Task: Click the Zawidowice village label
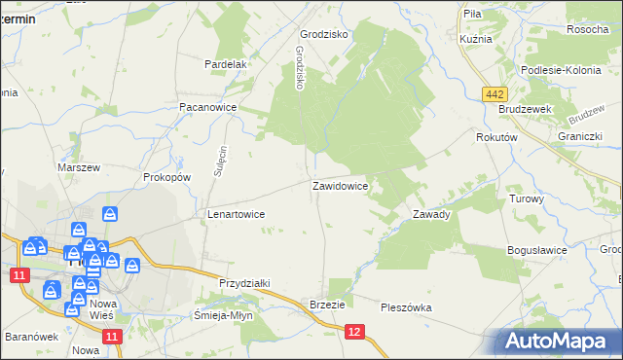(x=340, y=184)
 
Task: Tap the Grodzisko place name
(x=324, y=33)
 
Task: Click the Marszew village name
(x=79, y=167)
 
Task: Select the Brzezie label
(x=327, y=305)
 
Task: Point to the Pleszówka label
(x=407, y=307)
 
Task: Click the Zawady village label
(x=430, y=214)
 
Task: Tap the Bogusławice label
(x=537, y=250)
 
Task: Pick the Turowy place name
(x=527, y=198)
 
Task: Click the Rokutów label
(x=495, y=138)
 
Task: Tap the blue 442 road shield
(x=495, y=92)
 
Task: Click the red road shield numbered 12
(x=355, y=333)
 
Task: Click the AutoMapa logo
(x=558, y=341)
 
